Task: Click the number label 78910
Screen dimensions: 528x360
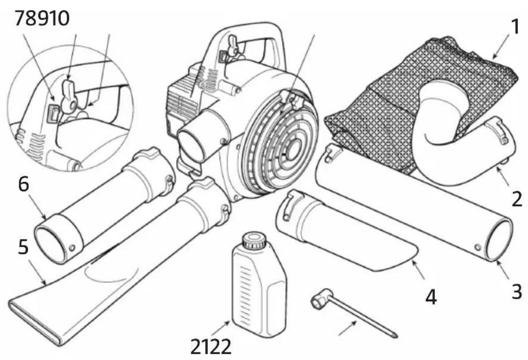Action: pyautogui.click(x=42, y=18)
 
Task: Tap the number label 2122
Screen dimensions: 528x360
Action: pyautogui.click(x=211, y=347)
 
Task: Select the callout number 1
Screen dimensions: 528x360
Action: pyautogui.click(x=515, y=26)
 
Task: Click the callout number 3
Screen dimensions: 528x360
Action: pyautogui.click(x=517, y=291)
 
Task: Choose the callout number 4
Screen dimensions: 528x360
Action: pyautogui.click(x=431, y=297)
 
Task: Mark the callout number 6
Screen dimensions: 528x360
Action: pyautogui.click(x=24, y=184)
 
